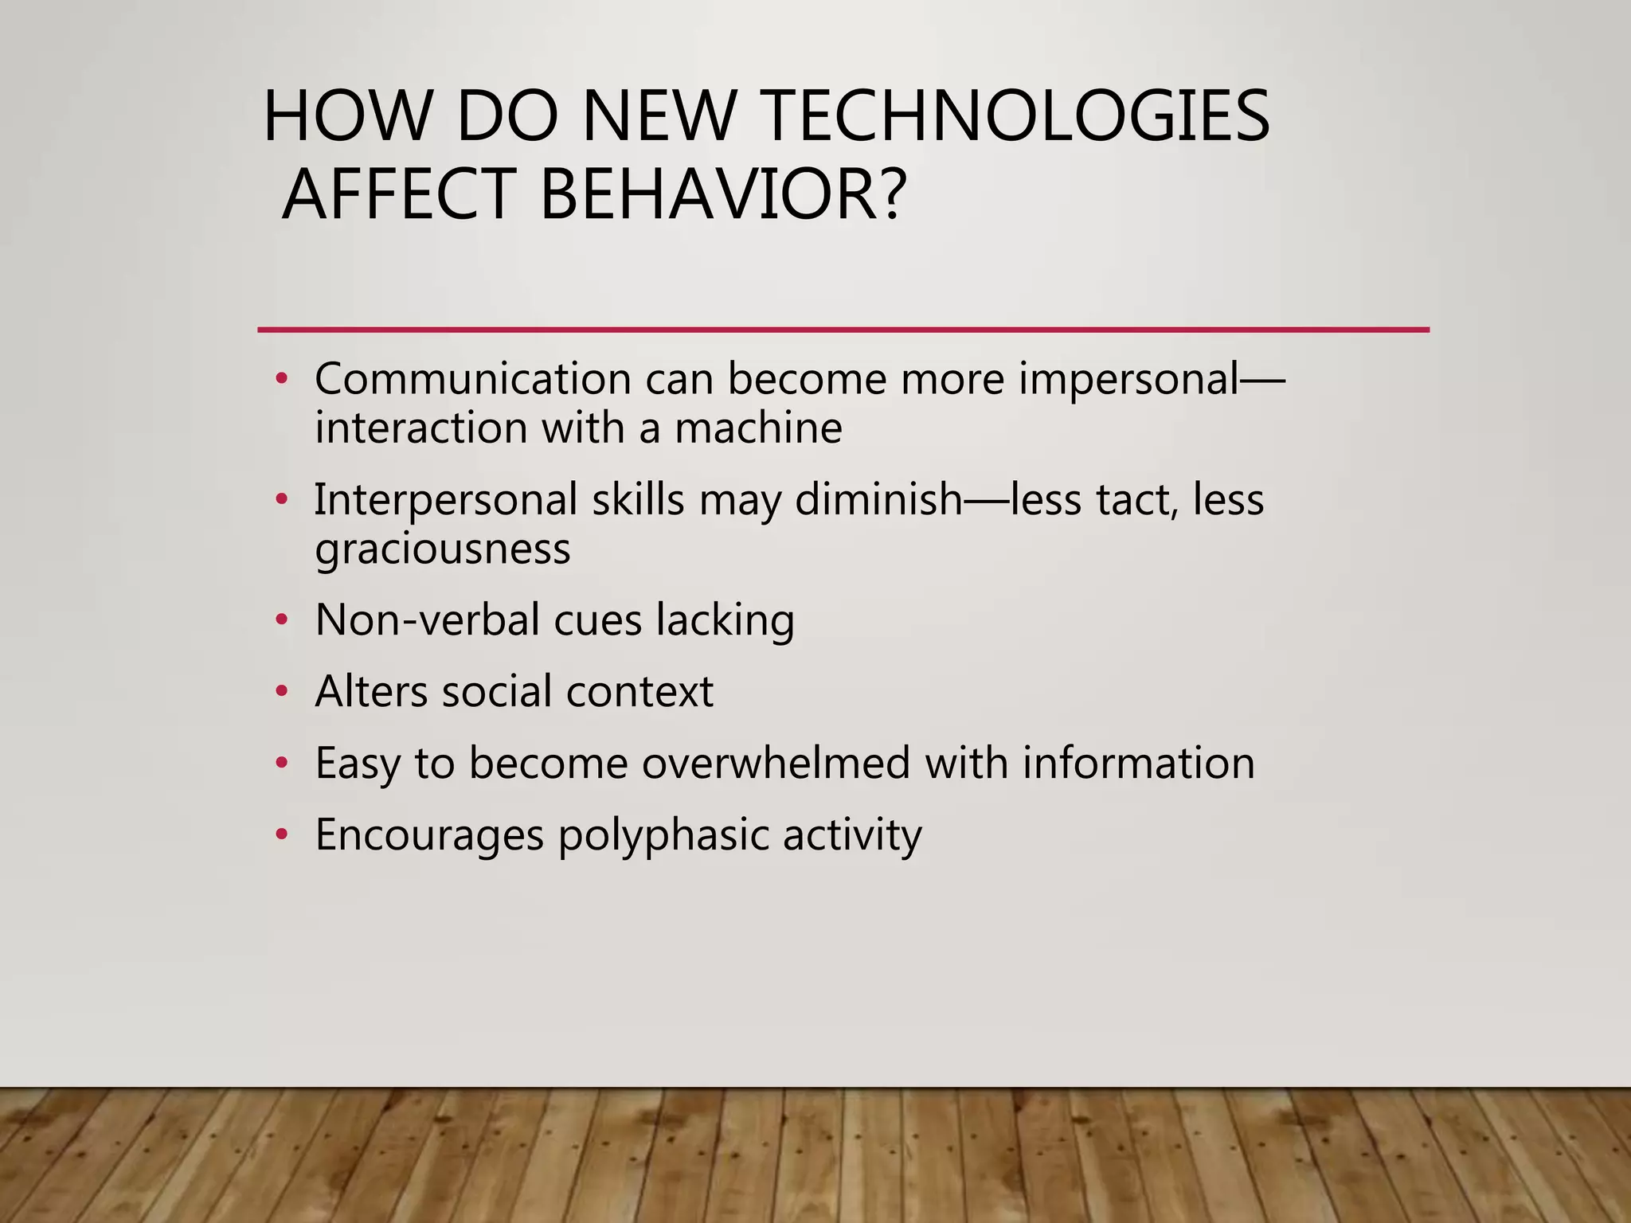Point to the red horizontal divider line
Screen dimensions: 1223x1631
843,329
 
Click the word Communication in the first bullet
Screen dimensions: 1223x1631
473,378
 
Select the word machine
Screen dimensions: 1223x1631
758,428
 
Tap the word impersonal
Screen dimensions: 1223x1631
1128,380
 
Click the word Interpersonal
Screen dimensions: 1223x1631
446,500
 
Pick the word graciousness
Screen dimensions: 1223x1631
443,549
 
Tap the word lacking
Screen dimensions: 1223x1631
725,621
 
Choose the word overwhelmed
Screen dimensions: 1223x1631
776,763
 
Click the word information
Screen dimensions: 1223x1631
1139,763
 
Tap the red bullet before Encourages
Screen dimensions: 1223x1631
280,834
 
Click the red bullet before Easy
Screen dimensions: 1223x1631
280,763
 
